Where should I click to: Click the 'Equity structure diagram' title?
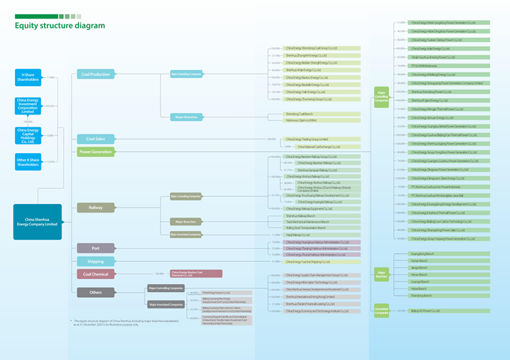[60, 26]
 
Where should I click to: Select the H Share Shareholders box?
[28, 77]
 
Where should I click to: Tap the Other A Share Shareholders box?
[28, 161]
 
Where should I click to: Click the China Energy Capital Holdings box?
[28, 135]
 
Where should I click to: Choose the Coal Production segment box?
[96, 74]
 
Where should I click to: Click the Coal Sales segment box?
[96, 139]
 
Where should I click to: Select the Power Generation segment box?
[96, 152]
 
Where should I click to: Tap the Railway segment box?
[96, 208]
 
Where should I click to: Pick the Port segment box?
[96, 248]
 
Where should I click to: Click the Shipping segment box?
[96, 261]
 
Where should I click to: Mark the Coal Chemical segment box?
[96, 273]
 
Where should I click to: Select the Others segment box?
[96, 291]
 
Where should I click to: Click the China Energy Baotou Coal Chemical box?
[196, 273]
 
